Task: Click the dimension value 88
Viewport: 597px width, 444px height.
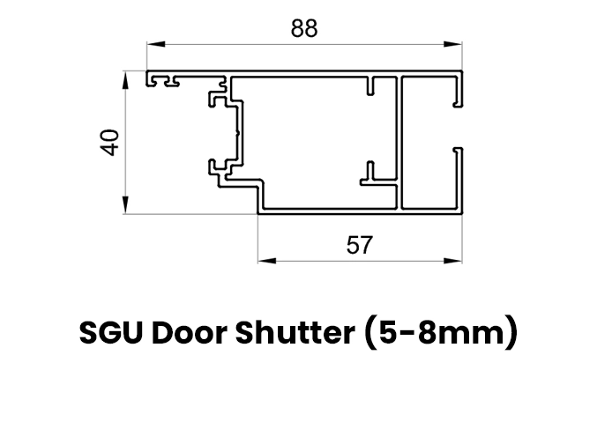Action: point(304,28)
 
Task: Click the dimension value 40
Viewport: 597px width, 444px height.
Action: point(109,143)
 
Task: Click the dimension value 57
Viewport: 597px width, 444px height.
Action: point(360,245)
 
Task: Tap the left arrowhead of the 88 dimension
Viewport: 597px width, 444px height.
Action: point(156,44)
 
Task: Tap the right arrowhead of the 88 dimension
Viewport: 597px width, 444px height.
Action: point(452,44)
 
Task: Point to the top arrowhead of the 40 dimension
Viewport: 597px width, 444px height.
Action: point(125,80)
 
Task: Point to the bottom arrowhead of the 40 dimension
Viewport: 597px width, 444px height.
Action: point(125,204)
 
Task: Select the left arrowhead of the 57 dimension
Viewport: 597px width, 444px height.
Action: point(267,261)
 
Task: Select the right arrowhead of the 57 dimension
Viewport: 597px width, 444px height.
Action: point(452,261)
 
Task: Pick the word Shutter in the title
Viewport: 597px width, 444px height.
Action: point(295,332)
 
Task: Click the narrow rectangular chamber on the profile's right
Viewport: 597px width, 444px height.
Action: point(428,143)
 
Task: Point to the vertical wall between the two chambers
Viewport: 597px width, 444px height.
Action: point(399,143)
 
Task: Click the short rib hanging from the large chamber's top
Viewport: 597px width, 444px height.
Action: point(370,85)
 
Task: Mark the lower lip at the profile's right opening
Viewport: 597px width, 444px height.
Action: point(459,179)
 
